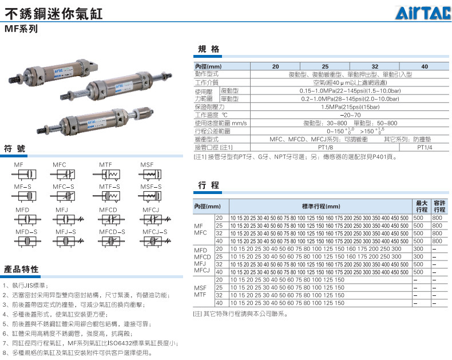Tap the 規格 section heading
[x=208, y=49]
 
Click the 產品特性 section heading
[x=21, y=268]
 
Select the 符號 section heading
[x=14, y=148]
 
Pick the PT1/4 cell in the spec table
[x=425, y=147]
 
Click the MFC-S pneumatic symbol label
[x=64, y=187]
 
